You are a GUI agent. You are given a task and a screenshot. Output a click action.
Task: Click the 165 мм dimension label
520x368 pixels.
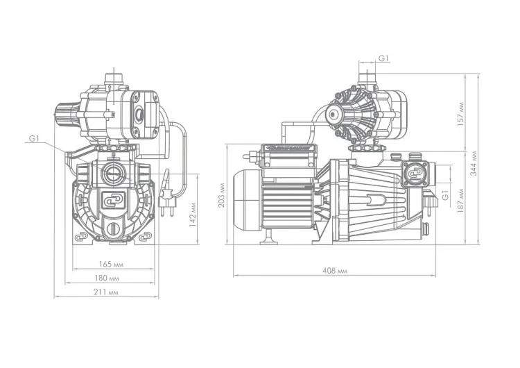[112, 265]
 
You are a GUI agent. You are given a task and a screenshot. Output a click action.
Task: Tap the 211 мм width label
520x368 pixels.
[106, 292]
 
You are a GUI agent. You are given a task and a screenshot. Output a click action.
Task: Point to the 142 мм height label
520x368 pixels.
[193, 215]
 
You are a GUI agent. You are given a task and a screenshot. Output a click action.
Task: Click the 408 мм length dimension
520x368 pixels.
[335, 271]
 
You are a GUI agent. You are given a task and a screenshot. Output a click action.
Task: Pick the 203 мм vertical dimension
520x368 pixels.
[222, 195]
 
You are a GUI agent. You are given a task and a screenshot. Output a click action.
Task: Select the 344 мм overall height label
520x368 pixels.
[474, 163]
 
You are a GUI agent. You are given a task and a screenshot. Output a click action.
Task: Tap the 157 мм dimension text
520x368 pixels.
[460, 114]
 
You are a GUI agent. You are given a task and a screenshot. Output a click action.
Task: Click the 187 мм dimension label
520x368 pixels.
[460, 201]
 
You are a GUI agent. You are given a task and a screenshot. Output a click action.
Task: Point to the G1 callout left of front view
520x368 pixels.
[34, 138]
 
